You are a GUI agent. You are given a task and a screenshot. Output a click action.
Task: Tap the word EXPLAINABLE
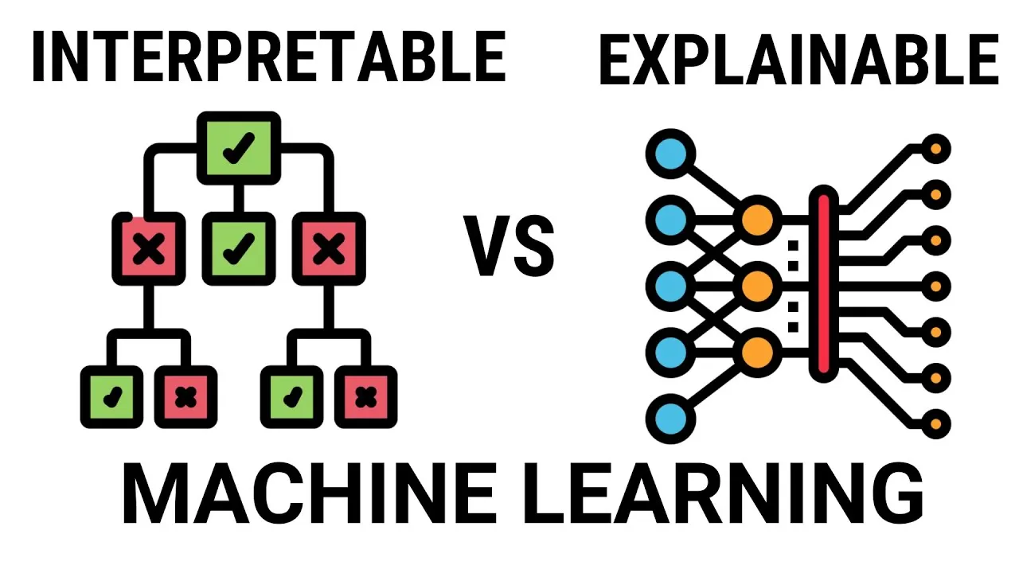click(x=798, y=60)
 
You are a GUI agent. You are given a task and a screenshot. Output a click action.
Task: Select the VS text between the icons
click(x=509, y=247)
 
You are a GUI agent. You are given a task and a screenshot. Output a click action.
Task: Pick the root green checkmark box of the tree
click(x=239, y=147)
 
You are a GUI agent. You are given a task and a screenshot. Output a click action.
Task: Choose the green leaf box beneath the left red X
click(x=111, y=396)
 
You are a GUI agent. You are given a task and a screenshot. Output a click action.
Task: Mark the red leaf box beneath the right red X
click(x=365, y=396)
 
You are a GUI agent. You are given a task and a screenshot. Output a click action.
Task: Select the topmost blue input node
click(x=670, y=154)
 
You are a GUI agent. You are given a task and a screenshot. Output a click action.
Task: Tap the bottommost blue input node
click(x=670, y=419)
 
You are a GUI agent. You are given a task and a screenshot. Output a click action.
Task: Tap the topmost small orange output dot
click(x=936, y=148)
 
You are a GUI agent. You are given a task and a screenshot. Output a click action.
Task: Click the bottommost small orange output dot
click(x=936, y=423)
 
